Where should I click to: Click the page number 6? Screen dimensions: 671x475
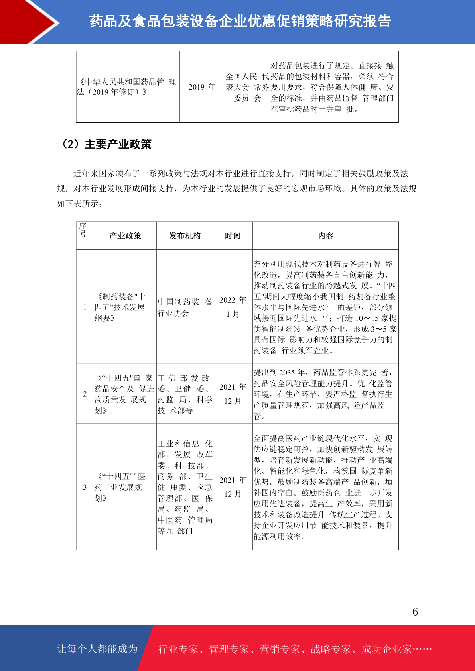coord(415,612)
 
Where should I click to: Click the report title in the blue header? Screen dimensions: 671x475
coord(240,21)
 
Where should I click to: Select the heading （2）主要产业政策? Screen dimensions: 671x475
coord(106,144)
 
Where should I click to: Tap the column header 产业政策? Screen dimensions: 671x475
coord(125,236)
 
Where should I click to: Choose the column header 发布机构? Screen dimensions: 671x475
coord(185,236)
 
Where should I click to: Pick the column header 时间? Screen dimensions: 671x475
coord(233,236)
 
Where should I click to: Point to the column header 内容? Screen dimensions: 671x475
coord(325,236)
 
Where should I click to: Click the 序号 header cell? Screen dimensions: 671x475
coord(83,230)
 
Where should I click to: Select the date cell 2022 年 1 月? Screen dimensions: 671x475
coord(233,307)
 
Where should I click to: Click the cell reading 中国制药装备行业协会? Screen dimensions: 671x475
coord(185,307)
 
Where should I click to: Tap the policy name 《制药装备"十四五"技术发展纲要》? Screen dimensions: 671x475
coord(120,307)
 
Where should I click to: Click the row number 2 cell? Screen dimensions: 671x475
coord(85,394)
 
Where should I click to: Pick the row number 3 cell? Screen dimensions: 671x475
coord(85,487)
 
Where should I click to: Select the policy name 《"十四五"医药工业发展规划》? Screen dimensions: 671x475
coord(120,487)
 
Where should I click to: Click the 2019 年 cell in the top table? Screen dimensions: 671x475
coord(202,87)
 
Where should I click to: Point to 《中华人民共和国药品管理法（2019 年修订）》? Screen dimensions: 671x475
coord(127,87)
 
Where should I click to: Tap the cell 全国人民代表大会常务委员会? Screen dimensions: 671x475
coord(247,87)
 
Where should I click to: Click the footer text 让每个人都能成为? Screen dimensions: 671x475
coord(97,649)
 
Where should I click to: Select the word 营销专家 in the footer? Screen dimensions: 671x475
coord(280,649)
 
